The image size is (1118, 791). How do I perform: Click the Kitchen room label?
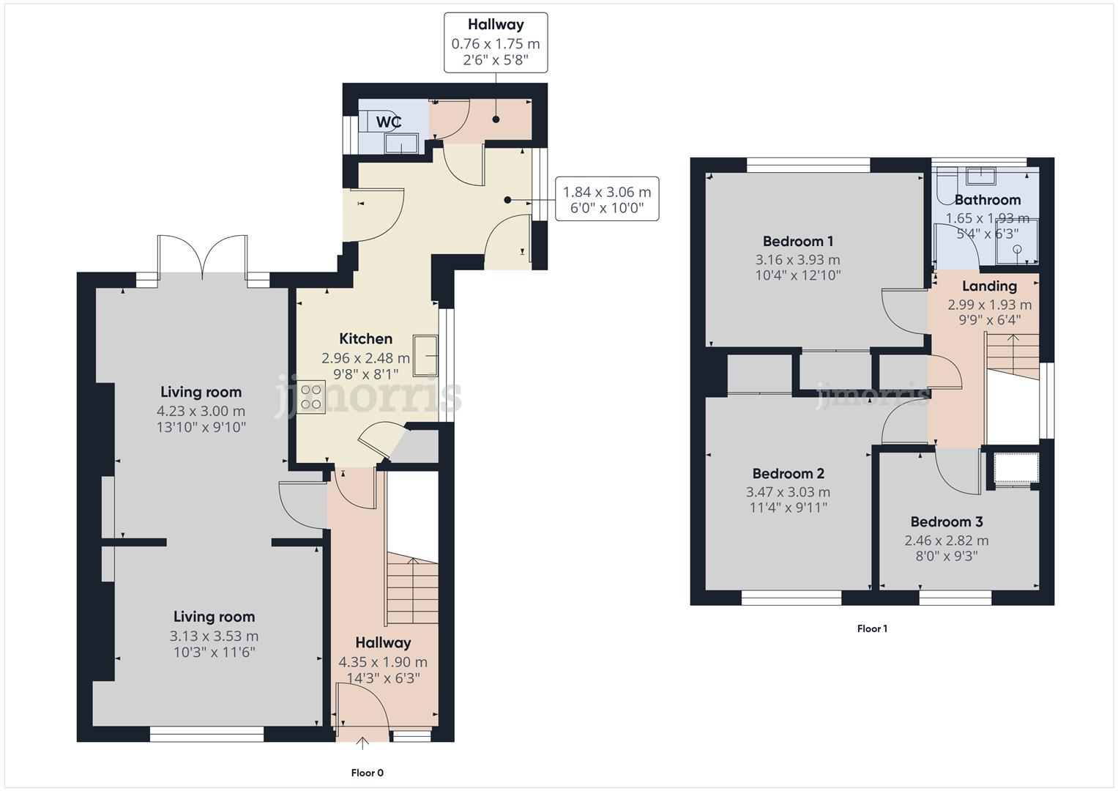click(365, 338)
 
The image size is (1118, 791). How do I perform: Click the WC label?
click(388, 122)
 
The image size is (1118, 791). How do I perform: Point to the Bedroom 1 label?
click(797, 241)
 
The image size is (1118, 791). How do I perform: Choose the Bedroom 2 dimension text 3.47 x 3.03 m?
click(788, 492)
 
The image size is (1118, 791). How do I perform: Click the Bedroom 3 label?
click(946, 521)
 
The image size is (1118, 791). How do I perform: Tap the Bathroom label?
click(987, 199)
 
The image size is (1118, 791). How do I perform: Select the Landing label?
click(989, 286)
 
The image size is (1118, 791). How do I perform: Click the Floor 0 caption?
click(367, 773)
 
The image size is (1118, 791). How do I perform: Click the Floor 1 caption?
click(872, 628)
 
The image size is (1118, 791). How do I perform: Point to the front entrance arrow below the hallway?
click(362, 744)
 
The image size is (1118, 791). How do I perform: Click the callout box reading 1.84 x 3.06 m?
click(606, 199)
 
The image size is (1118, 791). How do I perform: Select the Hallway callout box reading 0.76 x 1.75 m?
click(496, 42)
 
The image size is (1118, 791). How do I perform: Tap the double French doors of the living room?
click(202, 256)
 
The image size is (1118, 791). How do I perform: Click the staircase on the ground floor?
click(411, 586)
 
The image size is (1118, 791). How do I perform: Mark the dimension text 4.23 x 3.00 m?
click(201, 411)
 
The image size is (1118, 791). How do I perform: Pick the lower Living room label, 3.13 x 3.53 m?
click(214, 617)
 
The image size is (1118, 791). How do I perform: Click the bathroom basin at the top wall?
click(980, 176)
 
